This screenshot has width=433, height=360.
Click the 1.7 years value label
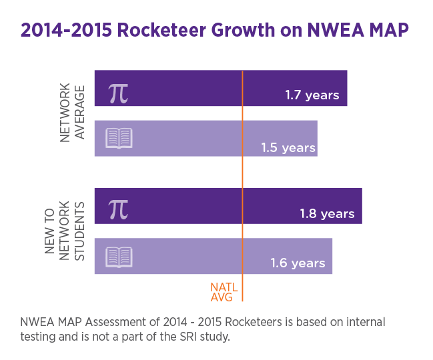pyautogui.click(x=312, y=95)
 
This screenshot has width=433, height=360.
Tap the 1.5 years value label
pyautogui.click(x=288, y=147)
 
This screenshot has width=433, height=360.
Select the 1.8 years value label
pyautogui.click(x=327, y=214)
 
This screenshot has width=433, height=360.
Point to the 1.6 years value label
pyautogui.click(x=298, y=263)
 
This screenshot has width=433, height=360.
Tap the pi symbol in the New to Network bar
pyautogui.click(x=118, y=209)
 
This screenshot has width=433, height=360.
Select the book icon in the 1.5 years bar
pyautogui.click(x=119, y=139)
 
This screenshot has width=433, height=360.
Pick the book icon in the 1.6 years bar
pyautogui.click(x=119, y=257)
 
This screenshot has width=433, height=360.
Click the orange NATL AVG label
pyautogui.click(x=224, y=291)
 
